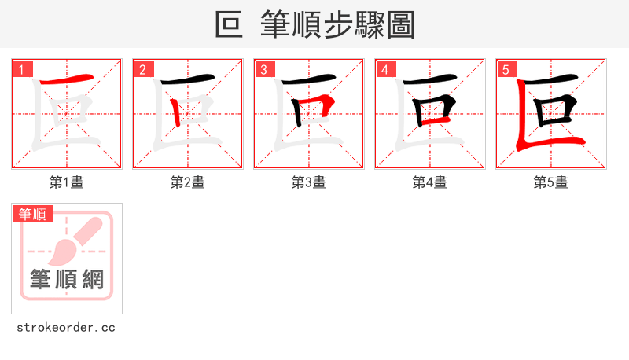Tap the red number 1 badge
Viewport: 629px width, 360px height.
click(21, 69)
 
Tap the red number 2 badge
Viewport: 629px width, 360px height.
click(142, 69)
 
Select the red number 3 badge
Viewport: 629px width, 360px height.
click(263, 69)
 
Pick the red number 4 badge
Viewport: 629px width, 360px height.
click(384, 69)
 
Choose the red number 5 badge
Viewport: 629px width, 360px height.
click(506, 69)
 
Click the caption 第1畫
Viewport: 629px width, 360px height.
click(66, 182)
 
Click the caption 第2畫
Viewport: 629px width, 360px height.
click(187, 182)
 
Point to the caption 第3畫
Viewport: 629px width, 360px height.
click(308, 182)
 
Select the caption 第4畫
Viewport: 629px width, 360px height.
click(429, 182)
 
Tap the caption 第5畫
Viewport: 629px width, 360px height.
click(550, 182)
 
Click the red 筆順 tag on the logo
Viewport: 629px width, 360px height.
click(33, 214)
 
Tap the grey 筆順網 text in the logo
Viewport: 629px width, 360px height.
click(66, 279)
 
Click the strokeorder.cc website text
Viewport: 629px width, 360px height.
click(66, 327)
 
